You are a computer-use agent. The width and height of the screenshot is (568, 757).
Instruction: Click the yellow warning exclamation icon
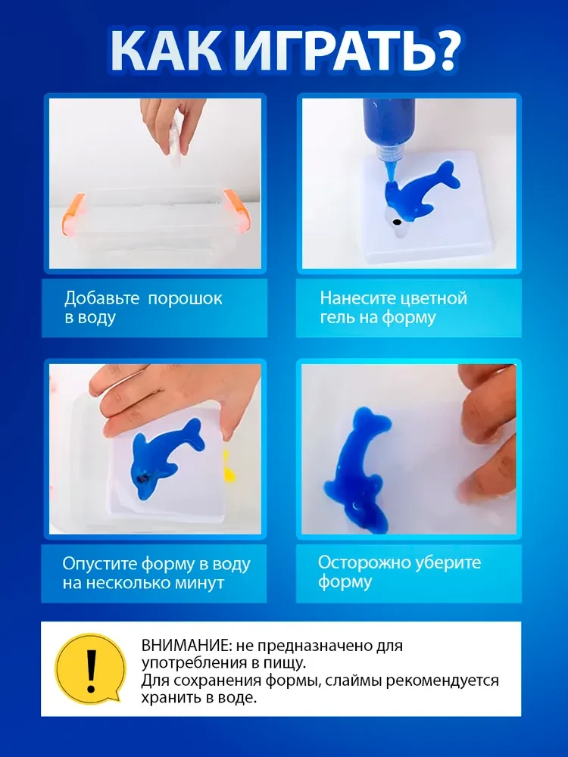[x=90, y=668]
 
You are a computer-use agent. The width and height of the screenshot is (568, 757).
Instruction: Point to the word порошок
[x=185, y=299]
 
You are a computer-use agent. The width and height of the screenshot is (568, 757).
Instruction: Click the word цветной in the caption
[x=430, y=298]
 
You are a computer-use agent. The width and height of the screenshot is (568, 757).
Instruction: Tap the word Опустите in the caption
[x=99, y=565]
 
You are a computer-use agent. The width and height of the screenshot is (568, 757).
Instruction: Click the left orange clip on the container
[x=73, y=212]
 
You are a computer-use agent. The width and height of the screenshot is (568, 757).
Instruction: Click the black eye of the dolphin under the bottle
[x=397, y=223]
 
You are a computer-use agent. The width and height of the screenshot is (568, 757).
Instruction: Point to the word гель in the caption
[x=337, y=318]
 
